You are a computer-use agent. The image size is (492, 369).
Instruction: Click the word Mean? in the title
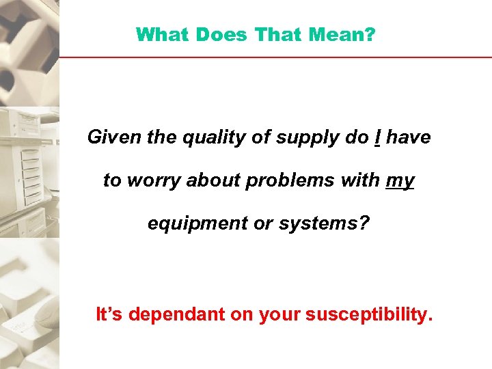pyautogui.click(x=346, y=34)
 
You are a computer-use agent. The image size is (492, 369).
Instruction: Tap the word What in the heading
pyautogui.click(x=159, y=34)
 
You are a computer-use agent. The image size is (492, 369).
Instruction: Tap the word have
pyautogui.click(x=409, y=137)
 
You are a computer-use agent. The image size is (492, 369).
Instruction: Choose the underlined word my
pyautogui.click(x=400, y=181)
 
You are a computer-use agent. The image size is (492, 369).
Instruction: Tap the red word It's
pyautogui.click(x=109, y=314)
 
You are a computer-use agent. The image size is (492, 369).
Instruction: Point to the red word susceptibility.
pyautogui.click(x=370, y=314)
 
